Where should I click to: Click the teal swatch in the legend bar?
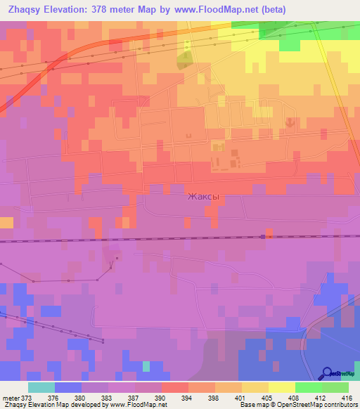pos(41,387)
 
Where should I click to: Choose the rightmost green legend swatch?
pos(335,387)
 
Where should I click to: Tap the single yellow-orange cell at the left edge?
pos(6,223)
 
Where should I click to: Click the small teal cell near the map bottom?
pos(146,366)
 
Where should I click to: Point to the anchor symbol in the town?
pos(290,123)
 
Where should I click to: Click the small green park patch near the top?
pos(184,60)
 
